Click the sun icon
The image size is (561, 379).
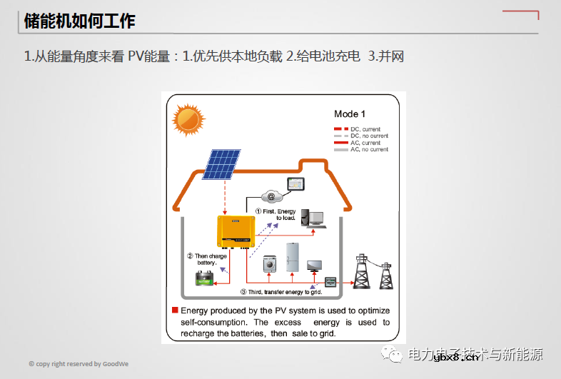[188, 119]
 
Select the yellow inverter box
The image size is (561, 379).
[236, 231]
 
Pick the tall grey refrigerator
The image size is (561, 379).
[293, 256]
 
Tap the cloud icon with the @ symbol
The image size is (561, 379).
[271, 196]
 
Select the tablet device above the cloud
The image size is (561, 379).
[295, 184]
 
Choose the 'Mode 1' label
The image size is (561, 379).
[350, 114]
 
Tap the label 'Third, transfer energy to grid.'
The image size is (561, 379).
[281, 292]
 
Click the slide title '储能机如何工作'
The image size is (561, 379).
[80, 21]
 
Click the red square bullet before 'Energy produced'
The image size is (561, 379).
[175, 310]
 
